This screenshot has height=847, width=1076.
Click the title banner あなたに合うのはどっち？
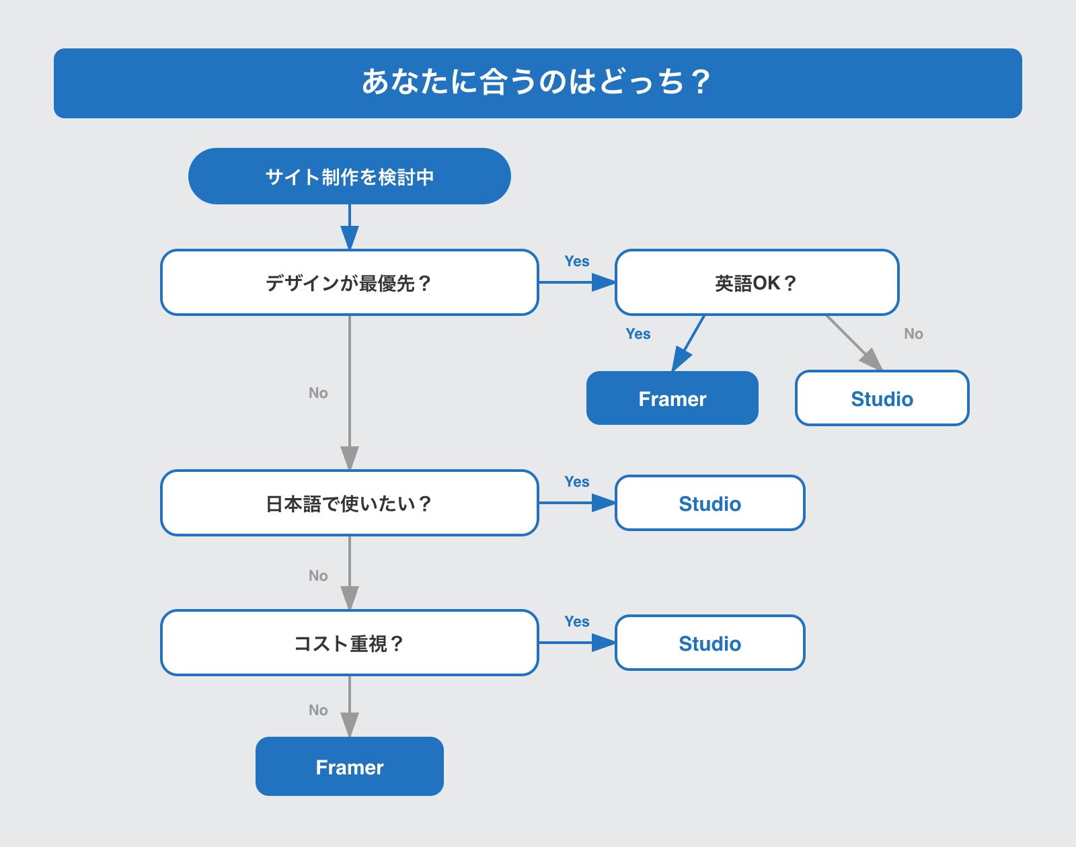(538, 83)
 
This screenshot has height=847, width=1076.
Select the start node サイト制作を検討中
(349, 176)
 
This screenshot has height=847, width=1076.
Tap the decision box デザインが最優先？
(349, 282)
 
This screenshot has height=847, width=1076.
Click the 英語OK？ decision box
(757, 282)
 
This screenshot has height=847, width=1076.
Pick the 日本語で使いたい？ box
(349, 503)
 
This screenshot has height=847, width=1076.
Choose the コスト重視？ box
(349, 643)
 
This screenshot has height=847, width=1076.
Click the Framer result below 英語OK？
(672, 398)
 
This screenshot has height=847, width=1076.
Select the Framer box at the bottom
(349, 766)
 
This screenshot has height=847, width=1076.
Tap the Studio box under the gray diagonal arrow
(882, 398)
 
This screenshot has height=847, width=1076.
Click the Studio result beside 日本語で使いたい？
(709, 503)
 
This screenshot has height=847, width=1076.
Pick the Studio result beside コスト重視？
(709, 643)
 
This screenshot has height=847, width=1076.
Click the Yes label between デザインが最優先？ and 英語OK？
(576, 261)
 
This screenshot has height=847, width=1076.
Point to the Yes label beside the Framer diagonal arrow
(638, 334)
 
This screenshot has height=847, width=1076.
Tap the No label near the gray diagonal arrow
(913, 334)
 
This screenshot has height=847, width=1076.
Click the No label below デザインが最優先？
(318, 393)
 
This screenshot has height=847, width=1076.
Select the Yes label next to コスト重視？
(576, 622)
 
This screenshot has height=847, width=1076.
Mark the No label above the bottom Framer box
(318, 711)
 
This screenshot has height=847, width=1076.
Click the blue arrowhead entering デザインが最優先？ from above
(349, 237)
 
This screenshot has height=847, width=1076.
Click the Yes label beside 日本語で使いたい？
(576, 482)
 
